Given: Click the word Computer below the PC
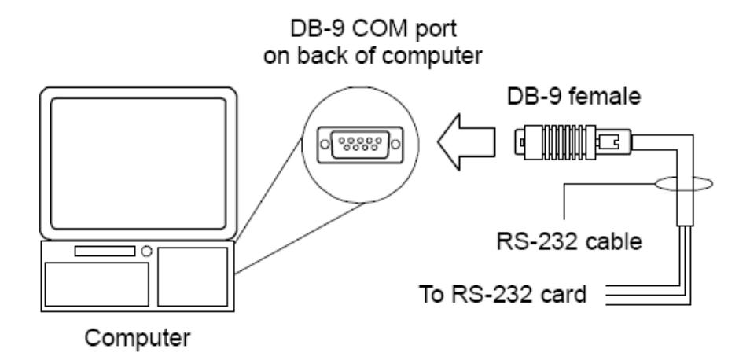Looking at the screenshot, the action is pos(138,339).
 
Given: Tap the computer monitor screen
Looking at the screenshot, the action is pos(138,163).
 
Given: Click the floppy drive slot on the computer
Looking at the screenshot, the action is pos(105,251).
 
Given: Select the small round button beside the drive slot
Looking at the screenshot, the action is pos(147,251).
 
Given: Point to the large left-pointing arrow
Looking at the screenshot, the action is pos(466,142).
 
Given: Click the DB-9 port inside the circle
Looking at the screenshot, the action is pos(360,145).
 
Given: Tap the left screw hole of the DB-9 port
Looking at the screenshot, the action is pos(325,144).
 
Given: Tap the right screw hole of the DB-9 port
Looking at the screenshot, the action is pos(395,144).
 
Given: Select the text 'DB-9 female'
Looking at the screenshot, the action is pos(573,97).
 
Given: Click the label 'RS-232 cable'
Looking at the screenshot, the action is pos(569,241).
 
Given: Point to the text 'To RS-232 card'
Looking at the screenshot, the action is pos(502,294).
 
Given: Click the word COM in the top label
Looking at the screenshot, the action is pos(376,30).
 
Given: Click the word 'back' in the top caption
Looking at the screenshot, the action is pos(325,57).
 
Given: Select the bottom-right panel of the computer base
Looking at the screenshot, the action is pos(193,277).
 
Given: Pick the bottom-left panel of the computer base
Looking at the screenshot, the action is pos(97,284).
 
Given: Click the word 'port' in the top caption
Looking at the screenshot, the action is pos(433,31).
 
